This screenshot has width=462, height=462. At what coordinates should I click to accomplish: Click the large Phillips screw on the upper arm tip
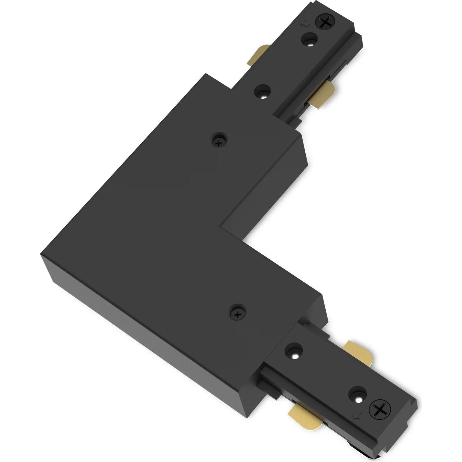(324, 22)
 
